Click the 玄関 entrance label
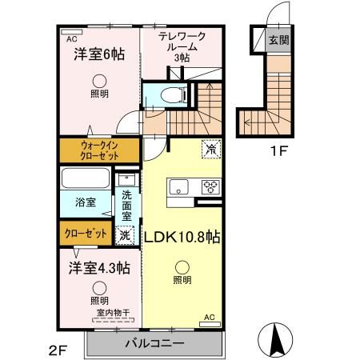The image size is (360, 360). coord(279,41)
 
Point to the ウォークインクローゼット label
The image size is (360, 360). coord(99,150)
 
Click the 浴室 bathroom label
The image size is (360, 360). coord(86,202)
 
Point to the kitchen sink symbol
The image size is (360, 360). coord(178,188)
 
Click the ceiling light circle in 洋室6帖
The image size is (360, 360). coord(98,79)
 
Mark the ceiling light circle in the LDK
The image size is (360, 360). coord(182,268)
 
